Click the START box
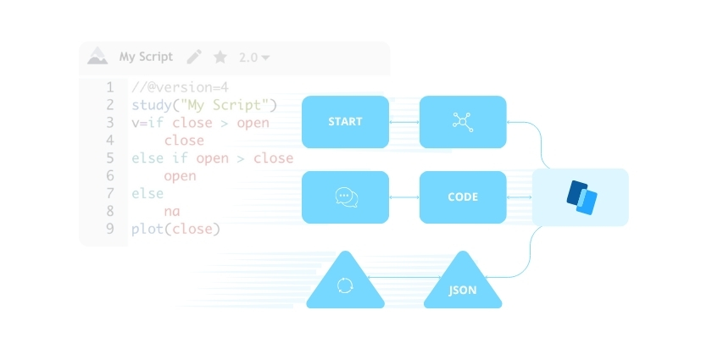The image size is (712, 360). [x=345, y=122]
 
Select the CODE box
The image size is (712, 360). [x=463, y=197]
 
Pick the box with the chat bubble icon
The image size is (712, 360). [x=345, y=197]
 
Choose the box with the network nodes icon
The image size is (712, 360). [x=463, y=122]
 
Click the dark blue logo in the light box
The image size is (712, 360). [x=581, y=197]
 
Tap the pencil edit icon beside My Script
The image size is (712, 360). [x=194, y=57]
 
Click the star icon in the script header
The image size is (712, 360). [x=220, y=57]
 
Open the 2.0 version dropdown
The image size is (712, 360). [x=254, y=58]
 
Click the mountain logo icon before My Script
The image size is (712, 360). [x=97, y=57]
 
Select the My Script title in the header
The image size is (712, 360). [x=146, y=57]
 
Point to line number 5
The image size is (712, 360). [x=110, y=158]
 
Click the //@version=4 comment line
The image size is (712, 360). [x=180, y=87]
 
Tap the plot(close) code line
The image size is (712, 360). [x=175, y=229]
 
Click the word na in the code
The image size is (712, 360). [x=172, y=211]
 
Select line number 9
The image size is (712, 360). [x=110, y=229]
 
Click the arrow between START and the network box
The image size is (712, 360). [x=404, y=122]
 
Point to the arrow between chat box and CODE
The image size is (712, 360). [x=404, y=197]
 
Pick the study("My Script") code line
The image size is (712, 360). [x=204, y=105]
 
